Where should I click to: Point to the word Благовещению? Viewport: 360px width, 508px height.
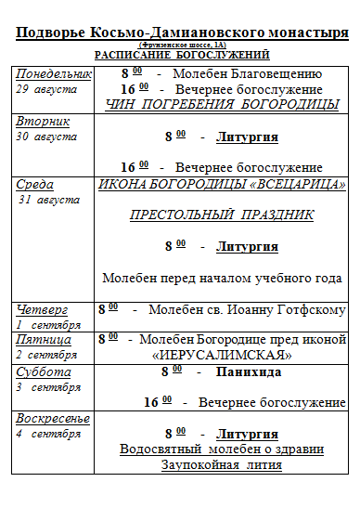coord(274,73)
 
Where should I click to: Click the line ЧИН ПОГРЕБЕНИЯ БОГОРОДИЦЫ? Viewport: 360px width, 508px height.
coord(223,104)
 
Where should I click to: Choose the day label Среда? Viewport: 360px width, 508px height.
coord(35,185)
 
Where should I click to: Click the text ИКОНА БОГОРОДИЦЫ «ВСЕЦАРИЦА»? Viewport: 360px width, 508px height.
coord(223,184)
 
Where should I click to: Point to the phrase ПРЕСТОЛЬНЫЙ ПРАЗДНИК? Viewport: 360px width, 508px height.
coord(222,215)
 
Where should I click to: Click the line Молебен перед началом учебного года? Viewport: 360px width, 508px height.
coord(222,278)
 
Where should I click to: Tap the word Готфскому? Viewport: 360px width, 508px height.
coord(310,309)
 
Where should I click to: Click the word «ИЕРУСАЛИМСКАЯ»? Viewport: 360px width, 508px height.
coord(222,355)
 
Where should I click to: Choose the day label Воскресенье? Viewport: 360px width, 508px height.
coord(53,419)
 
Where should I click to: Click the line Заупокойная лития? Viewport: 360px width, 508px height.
coord(222,464)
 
